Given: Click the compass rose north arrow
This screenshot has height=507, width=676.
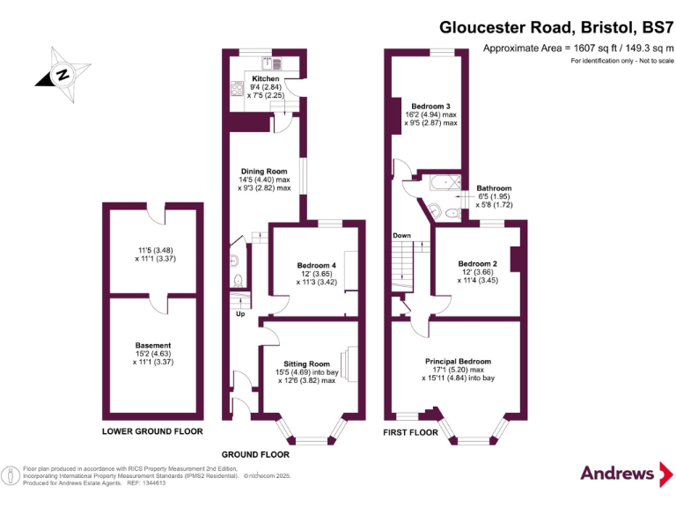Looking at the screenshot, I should click(62, 74).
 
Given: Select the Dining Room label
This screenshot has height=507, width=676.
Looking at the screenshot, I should click(264, 171).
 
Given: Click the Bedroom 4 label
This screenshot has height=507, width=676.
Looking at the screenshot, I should click(316, 266).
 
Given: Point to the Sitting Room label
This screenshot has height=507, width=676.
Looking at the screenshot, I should click(306, 364).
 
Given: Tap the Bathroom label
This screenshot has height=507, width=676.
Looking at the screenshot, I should click(494, 187).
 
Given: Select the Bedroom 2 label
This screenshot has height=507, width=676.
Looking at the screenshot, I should click(478, 263).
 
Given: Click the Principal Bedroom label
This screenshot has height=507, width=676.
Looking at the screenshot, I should click(458, 362).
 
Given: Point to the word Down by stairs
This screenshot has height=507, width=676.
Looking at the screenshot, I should click(401, 236).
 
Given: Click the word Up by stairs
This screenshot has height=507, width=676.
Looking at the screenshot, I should click(240, 314).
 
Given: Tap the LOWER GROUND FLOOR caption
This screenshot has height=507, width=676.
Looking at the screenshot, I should click(152, 431).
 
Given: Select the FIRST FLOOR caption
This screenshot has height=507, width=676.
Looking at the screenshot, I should click(410, 433).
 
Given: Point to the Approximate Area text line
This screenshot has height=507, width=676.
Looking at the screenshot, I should click(578, 48).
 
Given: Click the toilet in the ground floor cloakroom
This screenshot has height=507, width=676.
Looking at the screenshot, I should click(238, 280).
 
